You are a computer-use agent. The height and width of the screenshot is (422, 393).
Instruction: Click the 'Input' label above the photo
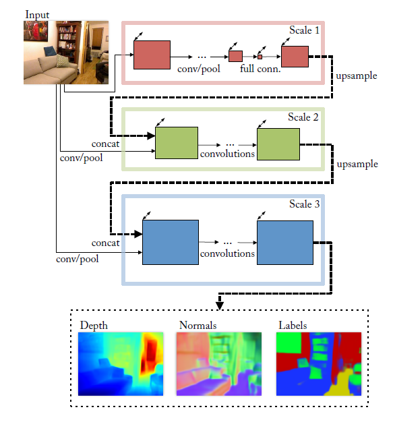click(38, 14)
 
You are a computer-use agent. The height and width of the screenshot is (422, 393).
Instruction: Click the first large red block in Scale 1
click(152, 55)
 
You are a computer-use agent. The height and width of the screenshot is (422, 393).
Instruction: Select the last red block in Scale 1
click(294, 57)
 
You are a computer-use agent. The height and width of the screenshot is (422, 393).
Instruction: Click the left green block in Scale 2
click(177, 143)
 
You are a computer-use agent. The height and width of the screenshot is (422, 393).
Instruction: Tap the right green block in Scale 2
click(277, 143)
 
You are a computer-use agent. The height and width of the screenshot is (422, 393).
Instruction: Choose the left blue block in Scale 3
click(171, 242)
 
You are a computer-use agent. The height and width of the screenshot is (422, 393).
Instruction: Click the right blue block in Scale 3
click(284, 242)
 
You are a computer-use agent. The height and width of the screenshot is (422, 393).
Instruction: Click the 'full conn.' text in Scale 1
click(260, 69)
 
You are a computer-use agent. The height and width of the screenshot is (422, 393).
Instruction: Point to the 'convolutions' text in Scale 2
click(227, 154)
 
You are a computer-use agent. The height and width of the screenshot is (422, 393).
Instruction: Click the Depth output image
click(121, 364)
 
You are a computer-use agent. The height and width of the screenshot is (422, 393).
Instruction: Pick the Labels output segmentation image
click(319, 364)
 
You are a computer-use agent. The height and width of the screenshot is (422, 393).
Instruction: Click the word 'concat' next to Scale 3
click(105, 243)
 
